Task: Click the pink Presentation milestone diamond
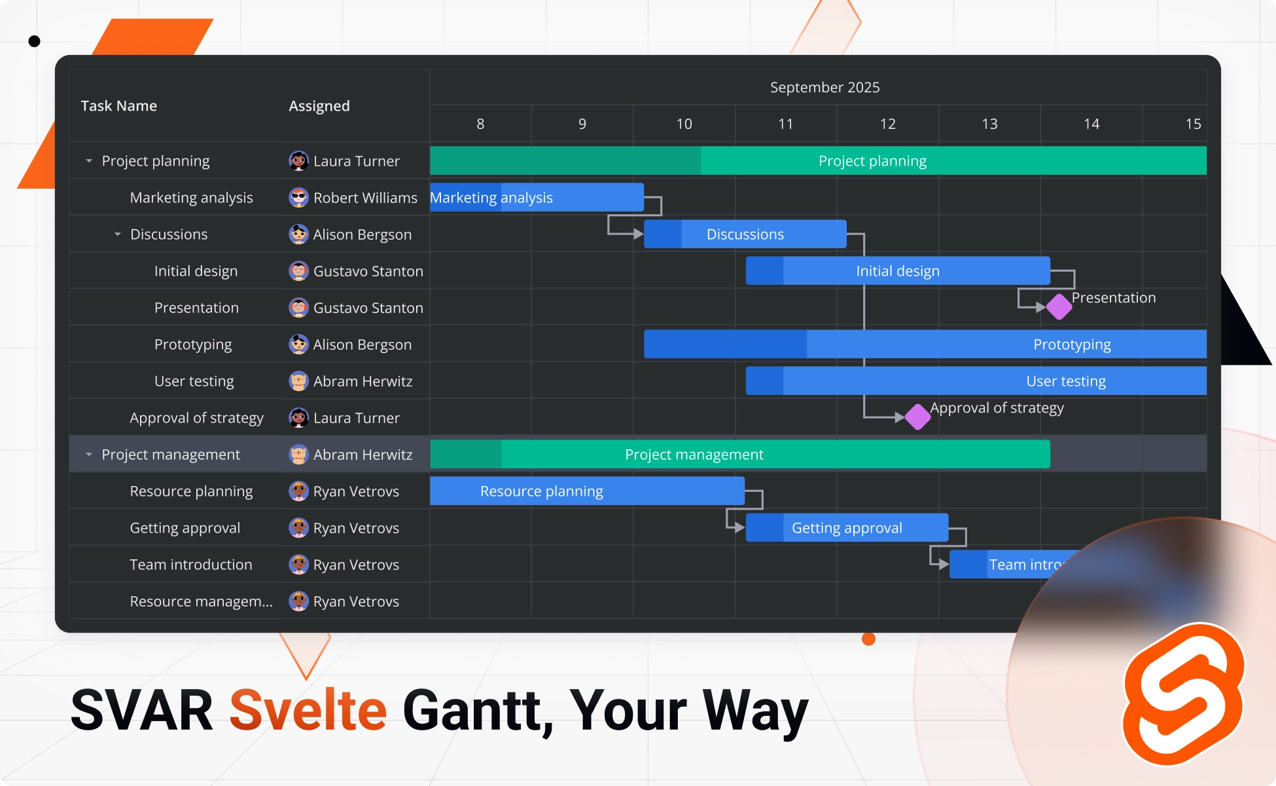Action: [1059, 307]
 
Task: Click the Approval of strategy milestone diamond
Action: [917, 417]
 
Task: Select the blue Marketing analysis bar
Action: [537, 197]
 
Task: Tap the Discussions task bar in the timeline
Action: [745, 234]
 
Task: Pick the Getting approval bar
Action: [847, 527]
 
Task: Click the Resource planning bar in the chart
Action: [587, 491]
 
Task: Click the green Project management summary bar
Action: [739, 454]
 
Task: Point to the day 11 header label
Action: [785, 124]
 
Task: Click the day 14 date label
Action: [1091, 124]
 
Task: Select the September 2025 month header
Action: [824, 87]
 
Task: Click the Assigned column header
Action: [319, 106]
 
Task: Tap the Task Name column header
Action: [119, 106]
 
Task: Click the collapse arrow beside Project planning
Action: [89, 160]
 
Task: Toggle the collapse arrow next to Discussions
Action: [118, 234]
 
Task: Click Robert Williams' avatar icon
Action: [298, 197]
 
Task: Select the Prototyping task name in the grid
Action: [193, 345]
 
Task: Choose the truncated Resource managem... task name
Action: [201, 601]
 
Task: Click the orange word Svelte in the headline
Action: [308, 710]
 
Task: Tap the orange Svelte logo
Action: [1183, 694]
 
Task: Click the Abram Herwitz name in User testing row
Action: [363, 381]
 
